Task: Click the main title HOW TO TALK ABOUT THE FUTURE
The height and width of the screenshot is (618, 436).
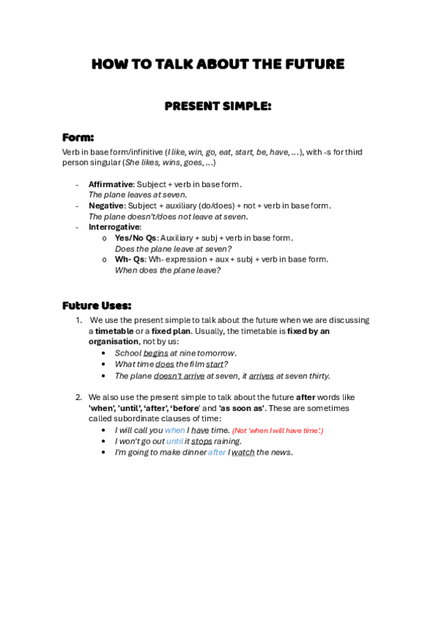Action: (218, 64)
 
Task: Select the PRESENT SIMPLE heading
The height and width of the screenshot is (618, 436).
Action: (218, 106)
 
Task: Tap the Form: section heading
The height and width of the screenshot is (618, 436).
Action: (78, 137)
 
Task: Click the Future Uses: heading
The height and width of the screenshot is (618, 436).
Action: (97, 305)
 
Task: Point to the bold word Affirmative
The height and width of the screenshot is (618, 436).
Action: (110, 184)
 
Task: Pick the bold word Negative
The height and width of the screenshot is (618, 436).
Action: (106, 206)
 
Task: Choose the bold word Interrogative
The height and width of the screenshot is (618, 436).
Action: (114, 227)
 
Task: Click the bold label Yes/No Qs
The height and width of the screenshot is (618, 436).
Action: (135, 238)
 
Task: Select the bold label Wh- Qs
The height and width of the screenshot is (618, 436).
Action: (130, 259)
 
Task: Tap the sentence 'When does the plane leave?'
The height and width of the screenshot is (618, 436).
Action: (167, 270)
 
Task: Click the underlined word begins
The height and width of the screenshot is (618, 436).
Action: (156, 353)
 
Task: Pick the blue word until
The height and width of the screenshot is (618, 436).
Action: (175, 442)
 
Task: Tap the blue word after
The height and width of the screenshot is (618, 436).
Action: (217, 453)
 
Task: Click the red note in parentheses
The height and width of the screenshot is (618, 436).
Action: (277, 431)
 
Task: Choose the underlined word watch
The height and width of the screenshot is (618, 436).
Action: (243, 453)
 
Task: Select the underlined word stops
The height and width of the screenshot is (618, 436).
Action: (202, 442)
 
